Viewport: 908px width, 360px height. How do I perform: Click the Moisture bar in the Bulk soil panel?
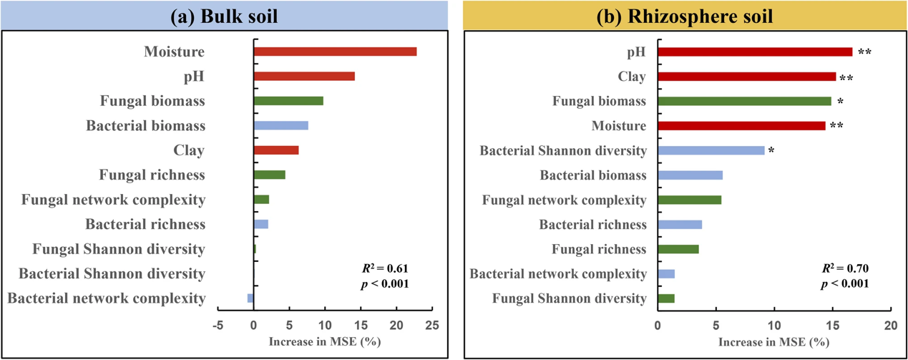(335, 52)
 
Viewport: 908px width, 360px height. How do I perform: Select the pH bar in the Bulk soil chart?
(304, 77)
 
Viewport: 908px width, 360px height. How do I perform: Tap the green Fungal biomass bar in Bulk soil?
(288, 101)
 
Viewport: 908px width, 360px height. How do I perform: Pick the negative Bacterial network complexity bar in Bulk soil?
(250, 298)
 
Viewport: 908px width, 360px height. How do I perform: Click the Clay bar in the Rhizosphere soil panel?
(746, 77)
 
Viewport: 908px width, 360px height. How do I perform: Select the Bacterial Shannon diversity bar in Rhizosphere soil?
(711, 150)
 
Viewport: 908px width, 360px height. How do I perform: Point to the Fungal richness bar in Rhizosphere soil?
(678, 249)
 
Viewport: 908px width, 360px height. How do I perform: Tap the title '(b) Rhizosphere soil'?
(685, 16)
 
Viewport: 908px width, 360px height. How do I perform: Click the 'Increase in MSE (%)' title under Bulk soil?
(324, 341)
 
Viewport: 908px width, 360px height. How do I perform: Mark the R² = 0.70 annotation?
(844, 269)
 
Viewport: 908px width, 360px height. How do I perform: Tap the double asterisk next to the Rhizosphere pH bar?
(864, 52)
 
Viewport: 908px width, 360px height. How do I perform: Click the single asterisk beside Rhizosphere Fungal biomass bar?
(841, 102)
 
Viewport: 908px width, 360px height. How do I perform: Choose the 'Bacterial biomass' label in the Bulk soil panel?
(145, 126)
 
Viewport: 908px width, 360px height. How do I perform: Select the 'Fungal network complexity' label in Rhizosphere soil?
(564, 200)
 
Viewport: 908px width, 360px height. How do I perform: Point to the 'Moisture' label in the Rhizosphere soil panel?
(619, 126)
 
